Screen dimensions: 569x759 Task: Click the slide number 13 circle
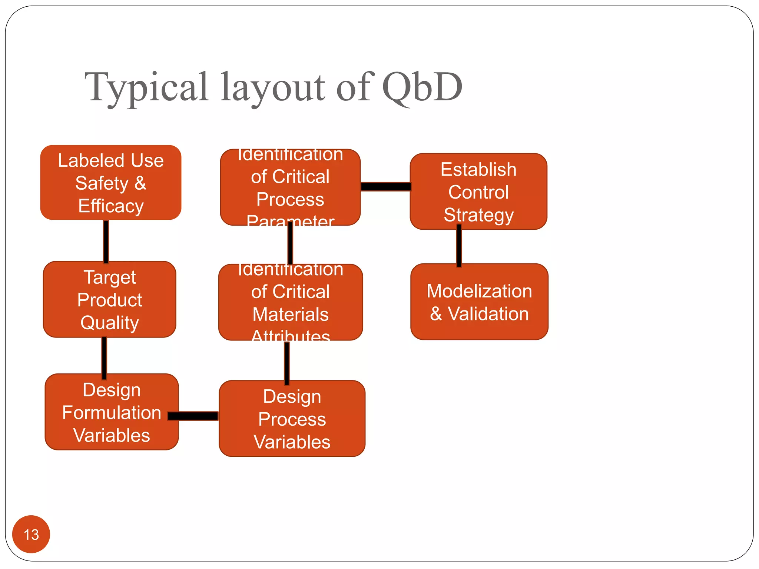tap(31, 534)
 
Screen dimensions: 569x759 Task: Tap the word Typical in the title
tap(147, 87)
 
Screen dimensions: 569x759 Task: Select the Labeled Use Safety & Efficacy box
tap(110, 183)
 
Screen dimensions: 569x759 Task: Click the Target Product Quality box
tap(110, 299)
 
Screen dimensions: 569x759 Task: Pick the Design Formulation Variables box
tap(111, 412)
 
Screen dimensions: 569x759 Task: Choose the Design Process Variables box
tap(292, 419)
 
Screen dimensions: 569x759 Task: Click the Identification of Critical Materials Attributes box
tap(291, 302)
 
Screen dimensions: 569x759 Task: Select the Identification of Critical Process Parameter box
tap(290, 187)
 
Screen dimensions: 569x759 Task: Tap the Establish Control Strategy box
tap(478, 192)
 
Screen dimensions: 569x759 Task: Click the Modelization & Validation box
tap(479, 302)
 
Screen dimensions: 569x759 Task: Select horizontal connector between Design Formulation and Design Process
tap(193, 416)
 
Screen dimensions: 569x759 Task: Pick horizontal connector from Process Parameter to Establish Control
tap(385, 186)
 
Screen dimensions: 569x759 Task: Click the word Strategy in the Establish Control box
tap(478, 215)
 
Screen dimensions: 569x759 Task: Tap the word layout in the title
tap(273, 87)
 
